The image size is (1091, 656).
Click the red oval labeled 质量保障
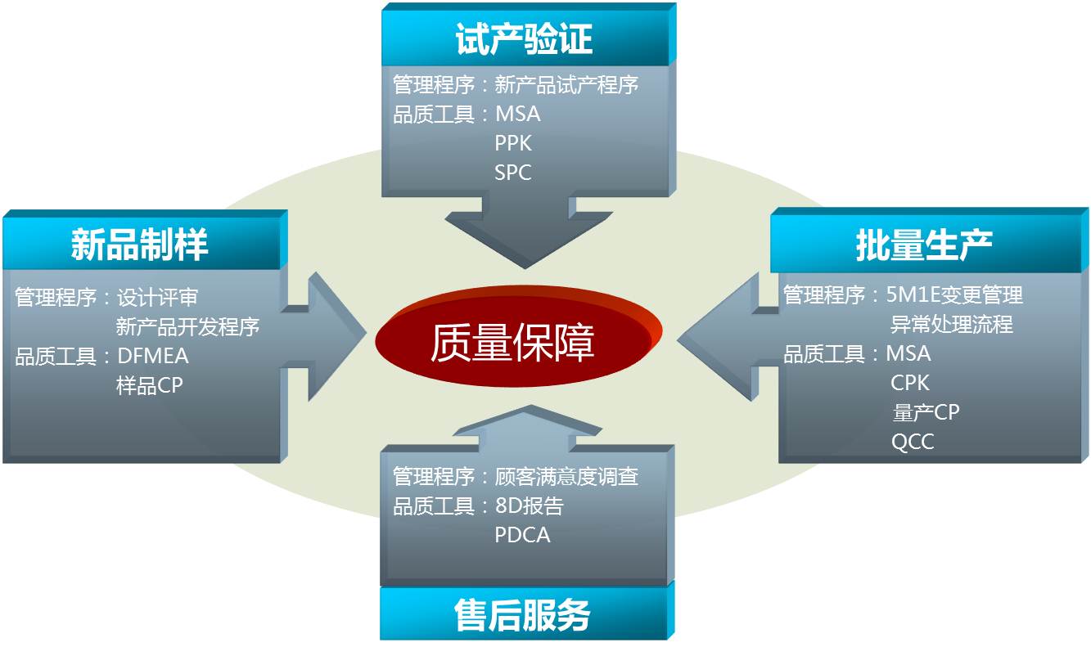pos(518,336)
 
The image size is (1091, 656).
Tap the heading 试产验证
pos(524,39)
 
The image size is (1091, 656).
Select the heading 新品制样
pos(139,245)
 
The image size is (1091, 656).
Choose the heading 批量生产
pos(924,245)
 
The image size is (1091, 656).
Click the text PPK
pos(513,143)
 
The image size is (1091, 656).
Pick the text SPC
pos(512,173)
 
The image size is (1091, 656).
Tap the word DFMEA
pos(152,357)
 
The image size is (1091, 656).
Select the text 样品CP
pos(150,385)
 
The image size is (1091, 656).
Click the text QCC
pos(913,442)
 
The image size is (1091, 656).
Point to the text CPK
pos(910,383)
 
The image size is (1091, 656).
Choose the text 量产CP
pos(926,412)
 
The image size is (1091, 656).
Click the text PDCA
pos(523,535)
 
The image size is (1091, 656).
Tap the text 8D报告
pos(530,506)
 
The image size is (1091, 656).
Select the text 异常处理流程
pos(952,324)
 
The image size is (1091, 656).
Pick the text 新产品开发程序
pos(188,326)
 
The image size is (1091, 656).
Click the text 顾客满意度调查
pos(566,477)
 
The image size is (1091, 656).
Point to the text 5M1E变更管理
pos(954,295)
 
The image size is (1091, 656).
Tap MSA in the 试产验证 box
pos(518,114)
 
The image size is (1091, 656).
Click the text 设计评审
pos(157,298)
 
